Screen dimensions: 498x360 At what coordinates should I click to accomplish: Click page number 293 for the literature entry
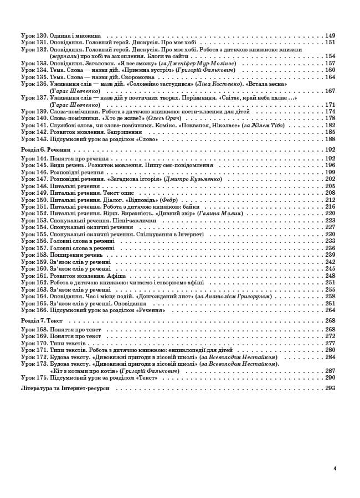coord(331,388)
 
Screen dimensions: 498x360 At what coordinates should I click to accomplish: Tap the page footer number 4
coord(335,468)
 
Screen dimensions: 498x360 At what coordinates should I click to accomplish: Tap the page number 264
coord(331,310)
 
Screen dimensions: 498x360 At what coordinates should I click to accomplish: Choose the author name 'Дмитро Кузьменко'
coord(193,179)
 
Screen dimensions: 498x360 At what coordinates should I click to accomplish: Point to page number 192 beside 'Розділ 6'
coord(331,149)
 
